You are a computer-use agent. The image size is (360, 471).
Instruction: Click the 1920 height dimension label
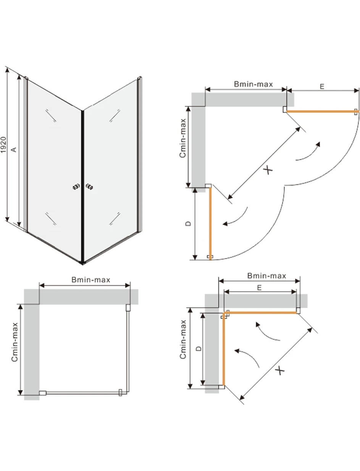[3, 145]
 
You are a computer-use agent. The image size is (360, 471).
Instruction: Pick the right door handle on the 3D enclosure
[90, 187]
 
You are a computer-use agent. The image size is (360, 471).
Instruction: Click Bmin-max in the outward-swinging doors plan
[253, 84]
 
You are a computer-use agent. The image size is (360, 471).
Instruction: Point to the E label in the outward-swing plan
[322, 87]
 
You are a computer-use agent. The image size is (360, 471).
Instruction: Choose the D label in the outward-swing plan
[188, 224]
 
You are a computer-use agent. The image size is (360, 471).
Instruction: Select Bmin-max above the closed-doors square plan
[91, 280]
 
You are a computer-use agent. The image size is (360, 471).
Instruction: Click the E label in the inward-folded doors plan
[259, 288]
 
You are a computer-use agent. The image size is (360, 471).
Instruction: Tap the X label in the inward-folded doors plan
[281, 370]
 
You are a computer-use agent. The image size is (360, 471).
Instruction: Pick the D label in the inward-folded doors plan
[198, 349]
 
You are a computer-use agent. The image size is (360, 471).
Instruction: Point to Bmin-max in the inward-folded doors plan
[266, 276]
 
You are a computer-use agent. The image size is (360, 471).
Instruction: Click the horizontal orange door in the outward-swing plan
[321, 111]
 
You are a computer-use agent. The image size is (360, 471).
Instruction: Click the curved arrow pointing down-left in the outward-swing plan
[236, 217]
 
